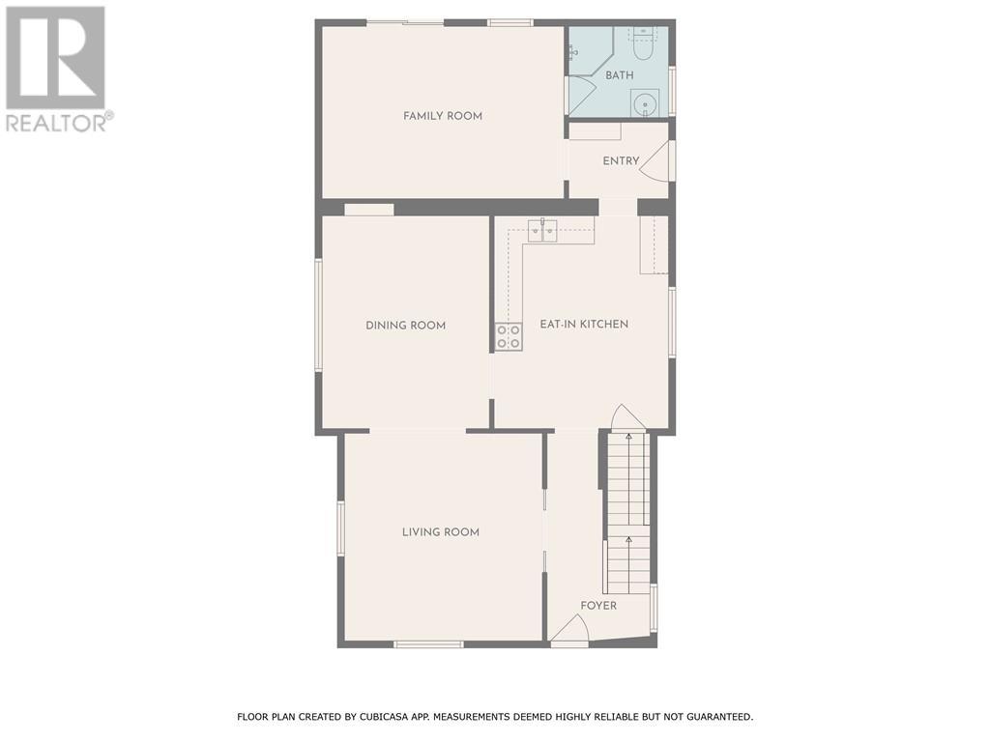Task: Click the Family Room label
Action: click(x=443, y=116)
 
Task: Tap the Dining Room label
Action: click(x=405, y=326)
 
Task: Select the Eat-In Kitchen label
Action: click(x=584, y=325)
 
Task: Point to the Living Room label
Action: click(x=441, y=532)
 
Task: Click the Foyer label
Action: click(x=598, y=606)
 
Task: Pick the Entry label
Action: click(x=621, y=161)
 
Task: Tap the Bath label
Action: click(x=620, y=75)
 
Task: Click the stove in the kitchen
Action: click(x=509, y=336)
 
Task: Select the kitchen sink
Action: click(x=541, y=230)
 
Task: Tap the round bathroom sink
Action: click(x=644, y=102)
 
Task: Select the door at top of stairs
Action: click(x=626, y=417)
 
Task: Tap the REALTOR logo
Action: click(x=56, y=68)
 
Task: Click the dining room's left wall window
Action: click(x=318, y=314)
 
